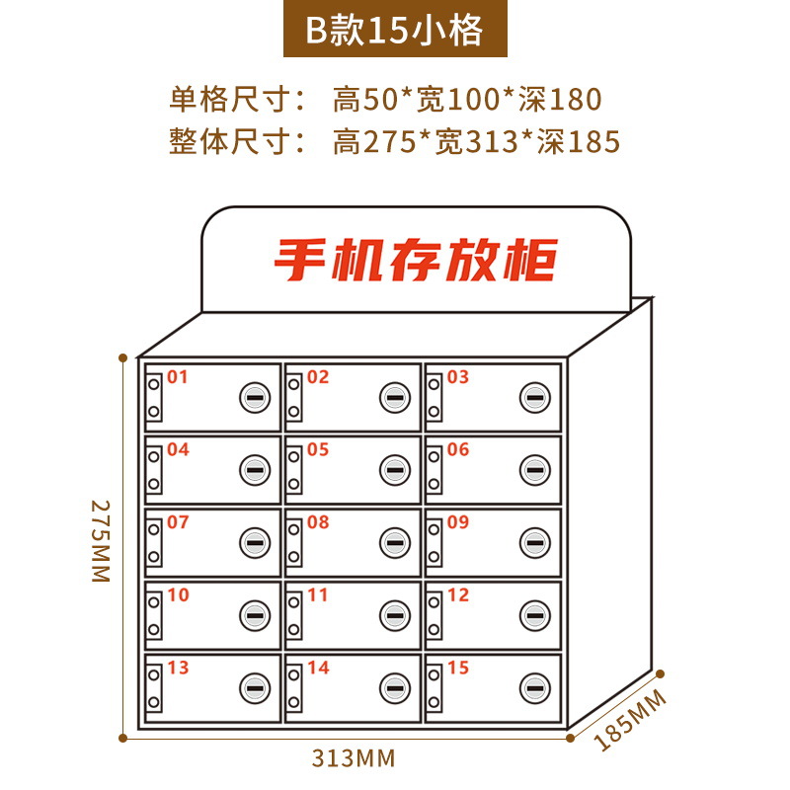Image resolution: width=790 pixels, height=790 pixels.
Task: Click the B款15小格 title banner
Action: click(394, 30)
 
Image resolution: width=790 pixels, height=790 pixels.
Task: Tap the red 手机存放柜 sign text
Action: click(415, 260)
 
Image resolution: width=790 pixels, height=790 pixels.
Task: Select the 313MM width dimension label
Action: click(354, 758)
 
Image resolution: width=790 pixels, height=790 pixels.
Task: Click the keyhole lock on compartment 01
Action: click(254, 397)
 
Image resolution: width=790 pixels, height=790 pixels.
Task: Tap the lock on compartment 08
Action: click(394, 542)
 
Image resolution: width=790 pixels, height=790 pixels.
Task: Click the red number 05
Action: click(318, 449)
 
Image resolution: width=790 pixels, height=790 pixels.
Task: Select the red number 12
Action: click(458, 594)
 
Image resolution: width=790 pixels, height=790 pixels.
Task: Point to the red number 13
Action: click(178, 668)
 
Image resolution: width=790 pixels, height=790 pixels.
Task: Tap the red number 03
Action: click(458, 376)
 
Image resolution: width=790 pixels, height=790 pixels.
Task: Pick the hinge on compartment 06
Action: click(434, 470)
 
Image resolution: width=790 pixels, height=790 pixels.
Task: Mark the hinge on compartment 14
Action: click(294, 687)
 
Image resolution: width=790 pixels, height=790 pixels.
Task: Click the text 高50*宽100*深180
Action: click(466, 99)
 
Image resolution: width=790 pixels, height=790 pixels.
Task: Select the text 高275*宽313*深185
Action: click(476, 142)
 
